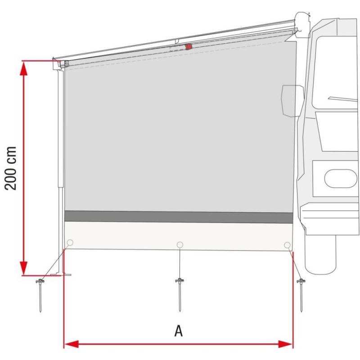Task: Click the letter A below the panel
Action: [x=179, y=331]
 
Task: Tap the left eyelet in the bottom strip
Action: [x=70, y=243]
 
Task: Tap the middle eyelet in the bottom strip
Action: [x=180, y=244]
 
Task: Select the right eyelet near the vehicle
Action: [x=288, y=245]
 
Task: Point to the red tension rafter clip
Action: [x=189, y=46]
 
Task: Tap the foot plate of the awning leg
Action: [x=67, y=274]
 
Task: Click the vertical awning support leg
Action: [x=61, y=171]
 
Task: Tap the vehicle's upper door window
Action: [x=335, y=67]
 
